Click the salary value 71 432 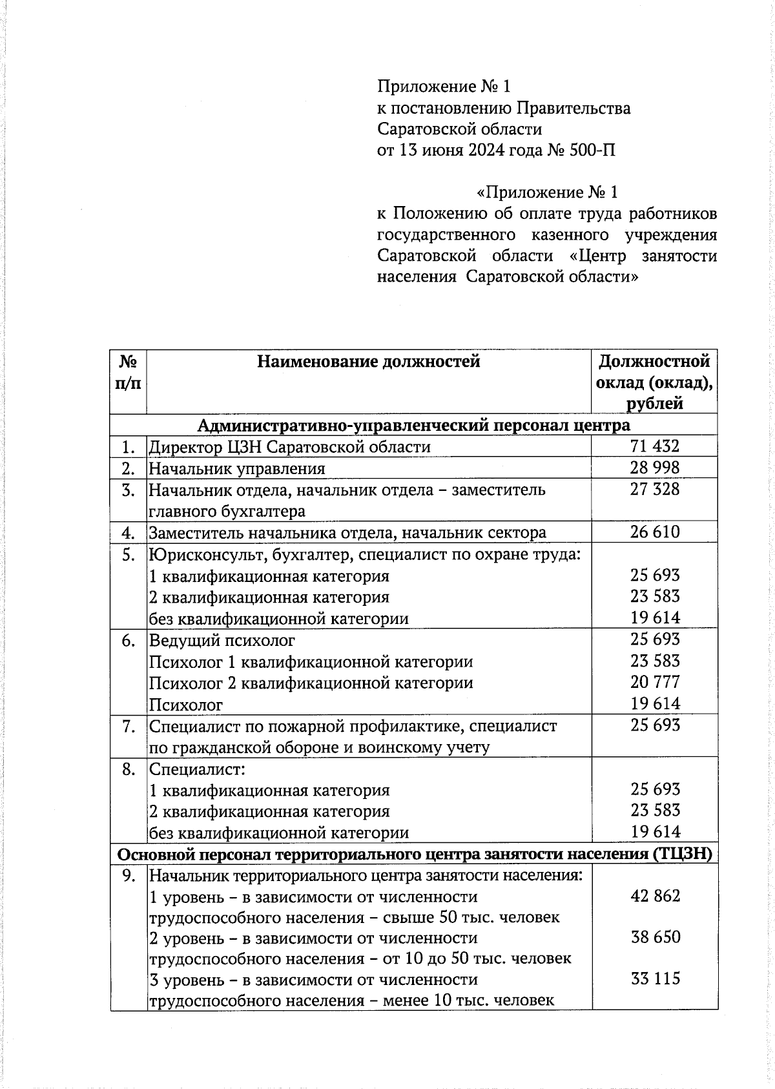click(655, 446)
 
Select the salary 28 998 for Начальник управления click(655, 468)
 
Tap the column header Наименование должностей click(368, 361)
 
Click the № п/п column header click(128, 371)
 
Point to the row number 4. click(128, 532)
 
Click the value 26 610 click(655, 532)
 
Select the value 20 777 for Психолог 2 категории click(655, 682)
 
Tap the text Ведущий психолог click(222, 640)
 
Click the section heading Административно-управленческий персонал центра click(413, 425)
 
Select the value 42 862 click(655, 895)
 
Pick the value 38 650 click(655, 937)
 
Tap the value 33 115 click(655, 978)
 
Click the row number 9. click(128, 875)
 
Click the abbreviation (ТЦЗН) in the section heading click(683, 853)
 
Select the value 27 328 click(655, 489)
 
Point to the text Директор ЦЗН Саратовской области click(289, 447)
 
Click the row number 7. click(128, 726)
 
